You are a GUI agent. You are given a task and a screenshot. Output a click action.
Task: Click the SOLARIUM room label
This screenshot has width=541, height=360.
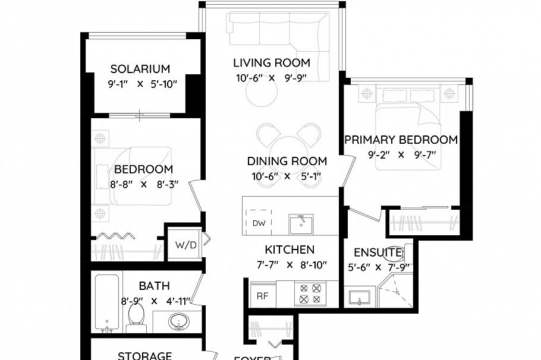pos(140,69)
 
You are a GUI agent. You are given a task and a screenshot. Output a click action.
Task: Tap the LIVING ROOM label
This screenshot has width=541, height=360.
pos(271,63)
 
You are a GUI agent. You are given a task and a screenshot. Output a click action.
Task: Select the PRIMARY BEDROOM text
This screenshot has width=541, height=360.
pos(401,140)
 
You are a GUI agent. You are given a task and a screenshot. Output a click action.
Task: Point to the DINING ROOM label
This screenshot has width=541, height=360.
pos(287,161)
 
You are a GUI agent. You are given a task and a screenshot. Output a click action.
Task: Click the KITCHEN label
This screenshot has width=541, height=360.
pos(290,250)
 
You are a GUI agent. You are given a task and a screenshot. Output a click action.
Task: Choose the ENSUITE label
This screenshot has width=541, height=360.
pos(378,252)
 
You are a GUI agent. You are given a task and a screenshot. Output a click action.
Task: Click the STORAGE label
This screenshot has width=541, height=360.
pos(145,355)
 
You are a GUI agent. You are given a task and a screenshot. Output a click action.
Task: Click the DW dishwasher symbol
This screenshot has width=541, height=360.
pos(258,223)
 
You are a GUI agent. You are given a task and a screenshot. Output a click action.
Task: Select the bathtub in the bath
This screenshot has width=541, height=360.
pos(108,304)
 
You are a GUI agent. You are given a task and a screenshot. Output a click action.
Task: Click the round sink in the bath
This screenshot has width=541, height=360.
pos(178,323)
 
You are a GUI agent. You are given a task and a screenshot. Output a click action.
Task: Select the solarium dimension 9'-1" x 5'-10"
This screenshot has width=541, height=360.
pos(143,84)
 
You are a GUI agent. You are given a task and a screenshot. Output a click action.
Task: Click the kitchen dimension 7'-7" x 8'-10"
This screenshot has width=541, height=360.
pos(290,266)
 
